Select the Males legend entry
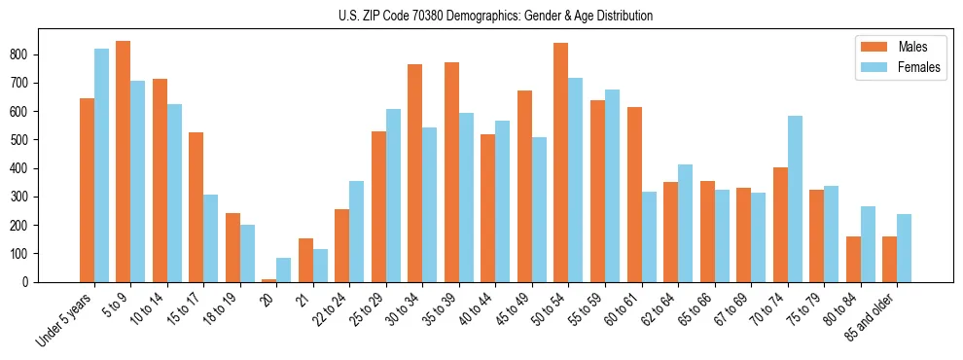[912, 47]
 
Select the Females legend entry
[918, 68]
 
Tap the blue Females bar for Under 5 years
[101, 165]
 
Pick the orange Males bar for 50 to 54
[561, 162]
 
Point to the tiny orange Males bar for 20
[269, 280]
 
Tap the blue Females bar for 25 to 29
[393, 196]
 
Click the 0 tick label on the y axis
[31, 282]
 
